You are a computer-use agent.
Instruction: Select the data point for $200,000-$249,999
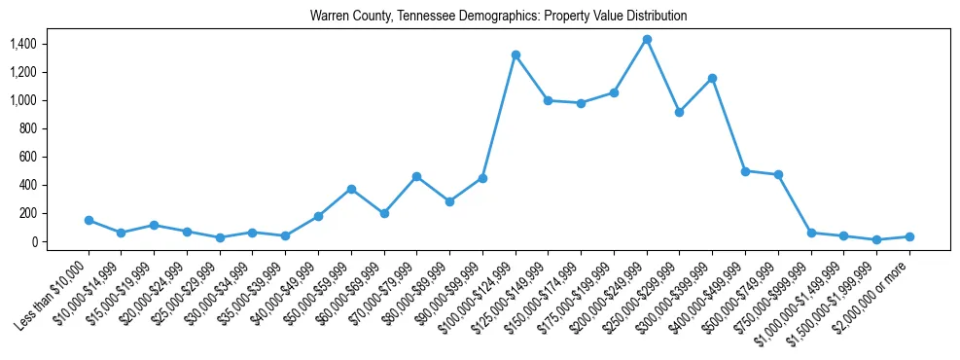point(647,39)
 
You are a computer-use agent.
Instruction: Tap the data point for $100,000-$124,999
point(516,54)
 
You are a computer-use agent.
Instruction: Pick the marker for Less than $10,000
point(89,220)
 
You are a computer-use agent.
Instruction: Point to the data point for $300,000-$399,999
point(713,78)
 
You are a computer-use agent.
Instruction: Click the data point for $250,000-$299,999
point(680,112)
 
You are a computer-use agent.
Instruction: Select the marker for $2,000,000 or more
point(909,236)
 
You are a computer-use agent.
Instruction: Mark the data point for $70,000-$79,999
point(416,176)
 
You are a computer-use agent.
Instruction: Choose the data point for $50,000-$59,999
point(351,189)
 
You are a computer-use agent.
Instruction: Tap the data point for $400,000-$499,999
point(745,170)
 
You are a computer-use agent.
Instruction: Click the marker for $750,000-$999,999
point(811,233)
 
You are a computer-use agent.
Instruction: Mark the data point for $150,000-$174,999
point(581,103)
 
